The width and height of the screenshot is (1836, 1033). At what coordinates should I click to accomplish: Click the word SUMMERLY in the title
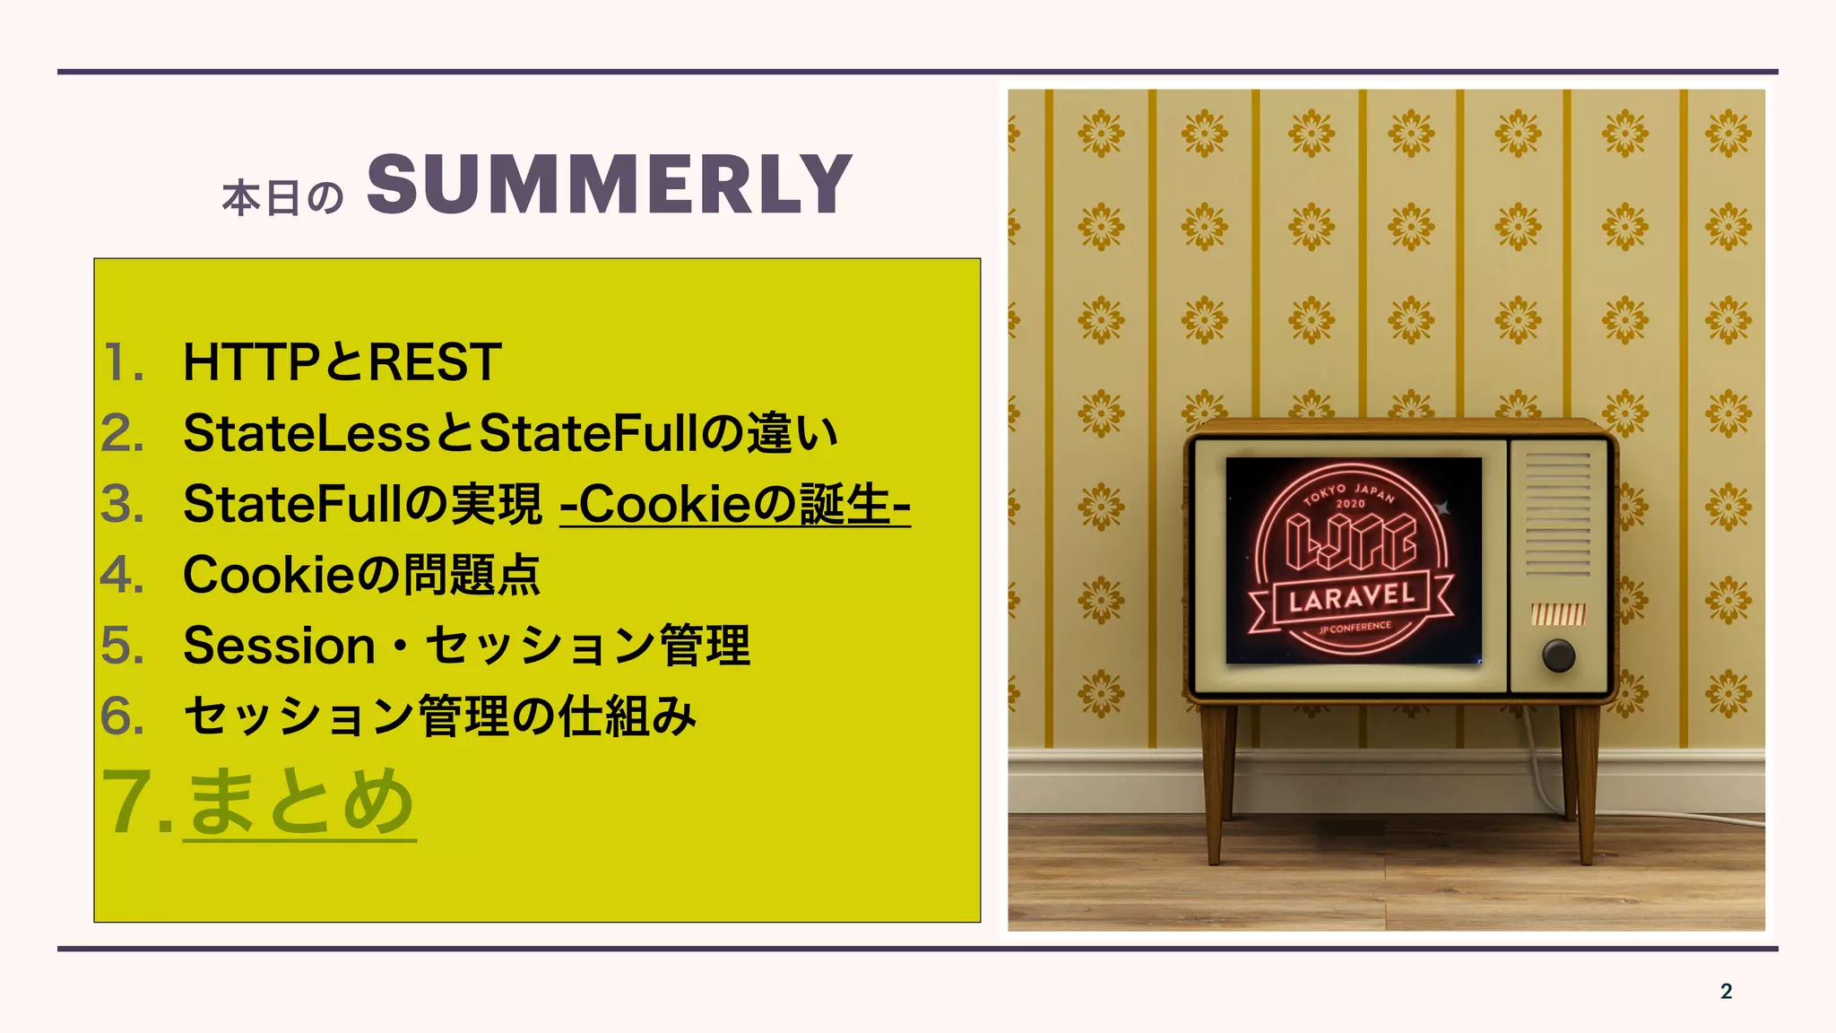(610, 185)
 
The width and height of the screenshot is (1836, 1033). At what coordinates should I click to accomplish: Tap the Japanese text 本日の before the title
(282, 198)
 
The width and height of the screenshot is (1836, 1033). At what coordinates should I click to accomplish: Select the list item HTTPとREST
(342, 362)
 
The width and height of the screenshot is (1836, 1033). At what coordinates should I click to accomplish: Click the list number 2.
(122, 433)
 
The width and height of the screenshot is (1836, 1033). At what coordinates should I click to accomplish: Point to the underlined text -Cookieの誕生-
(735, 504)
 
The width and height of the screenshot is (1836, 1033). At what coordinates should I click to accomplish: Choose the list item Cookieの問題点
(361, 575)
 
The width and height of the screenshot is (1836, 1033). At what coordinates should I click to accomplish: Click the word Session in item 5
(279, 646)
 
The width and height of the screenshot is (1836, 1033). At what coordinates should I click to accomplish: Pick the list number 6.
(122, 716)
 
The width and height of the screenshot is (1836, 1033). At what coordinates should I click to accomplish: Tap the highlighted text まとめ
(300, 802)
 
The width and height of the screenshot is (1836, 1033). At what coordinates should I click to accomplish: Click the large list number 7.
(134, 802)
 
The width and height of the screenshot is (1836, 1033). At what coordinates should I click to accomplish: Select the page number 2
(1726, 991)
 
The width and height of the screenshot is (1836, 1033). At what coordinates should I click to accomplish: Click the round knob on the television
(1558, 655)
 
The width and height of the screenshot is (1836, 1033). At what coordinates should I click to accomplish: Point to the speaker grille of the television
(1557, 514)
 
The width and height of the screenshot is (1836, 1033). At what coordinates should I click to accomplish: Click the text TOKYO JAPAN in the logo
(1349, 492)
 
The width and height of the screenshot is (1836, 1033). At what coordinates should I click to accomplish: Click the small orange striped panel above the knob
(1558, 614)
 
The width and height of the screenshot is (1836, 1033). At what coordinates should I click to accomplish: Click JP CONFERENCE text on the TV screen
(1355, 628)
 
